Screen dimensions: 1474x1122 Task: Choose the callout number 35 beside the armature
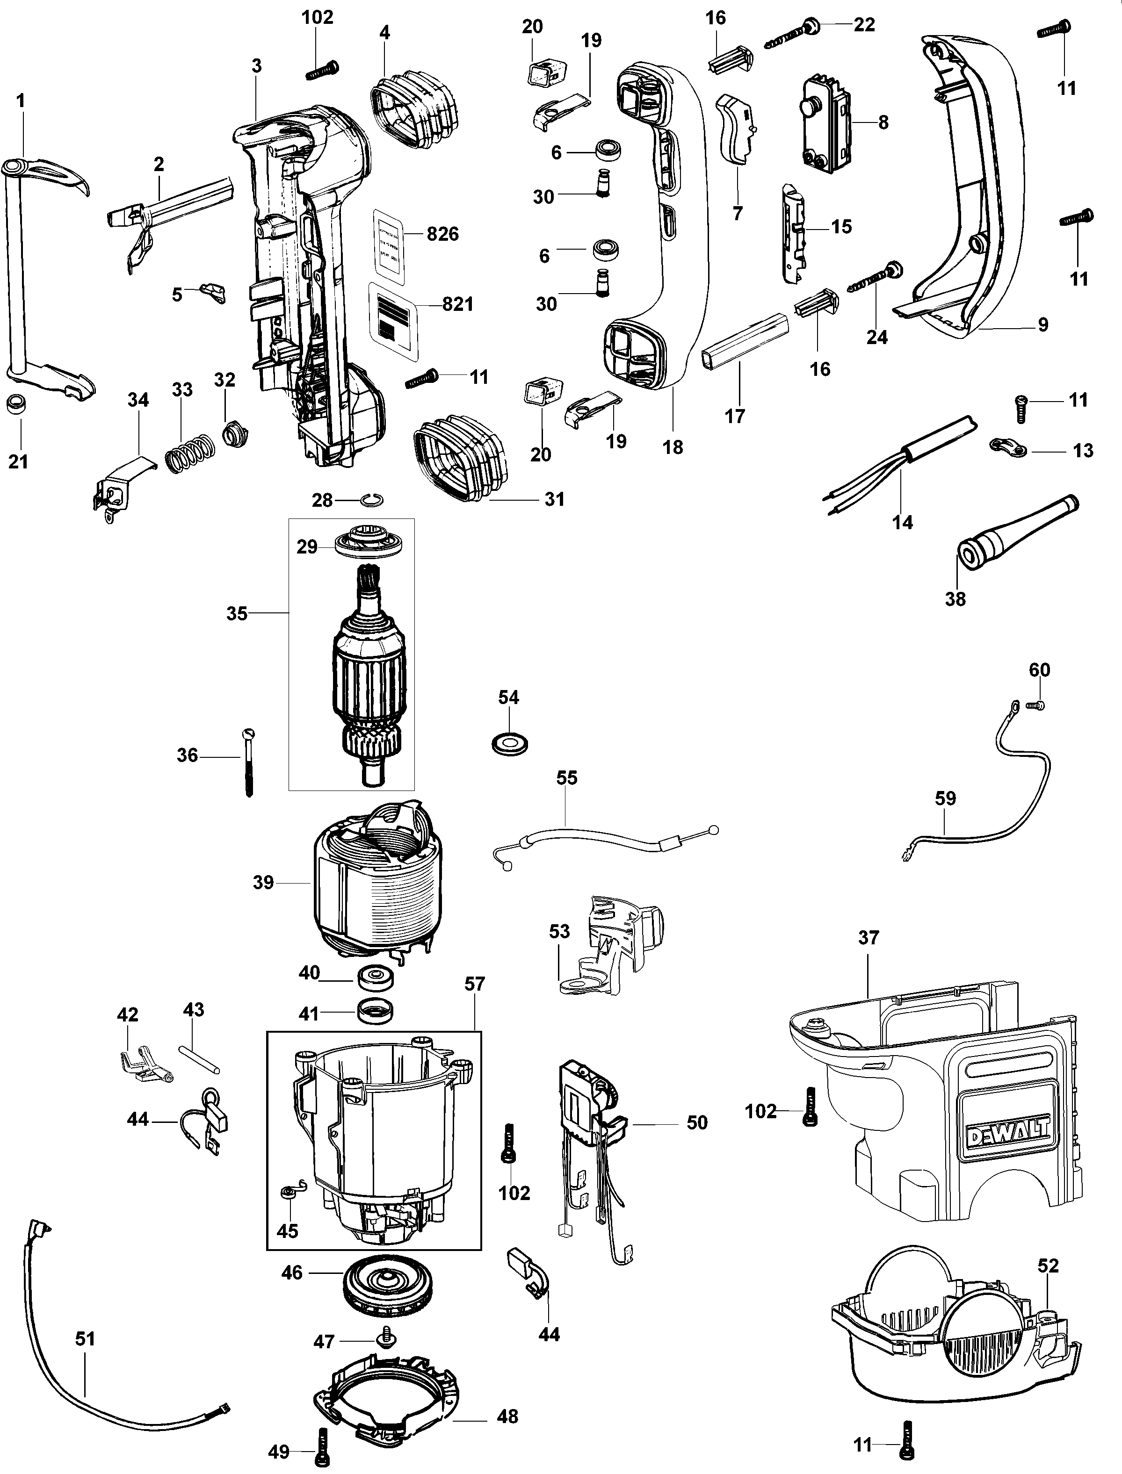(237, 613)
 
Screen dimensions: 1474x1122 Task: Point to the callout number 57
(475, 984)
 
